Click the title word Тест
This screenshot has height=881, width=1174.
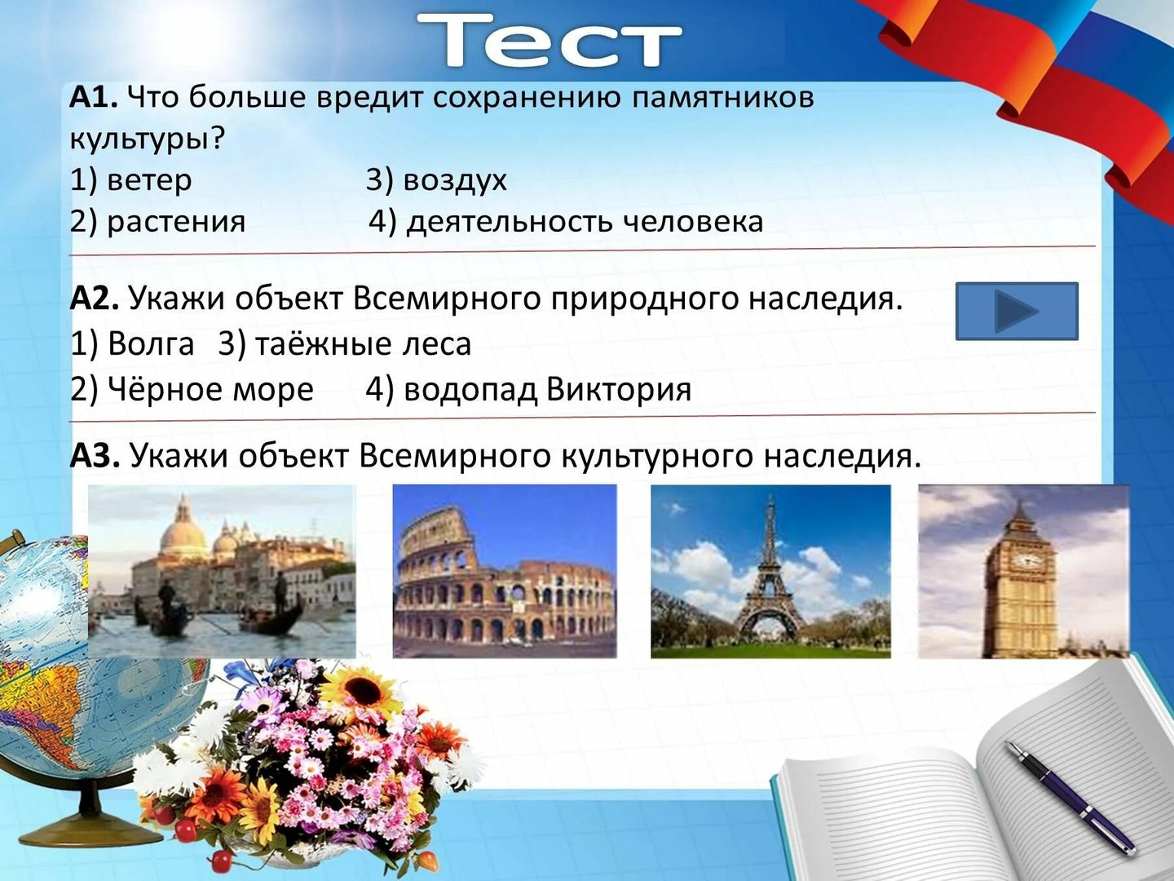(549, 40)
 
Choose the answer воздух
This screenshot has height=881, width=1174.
(455, 181)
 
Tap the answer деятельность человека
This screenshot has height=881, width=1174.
(585, 221)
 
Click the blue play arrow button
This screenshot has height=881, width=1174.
(1017, 312)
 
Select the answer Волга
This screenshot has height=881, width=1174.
(151, 343)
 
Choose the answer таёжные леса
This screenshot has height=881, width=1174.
(363, 343)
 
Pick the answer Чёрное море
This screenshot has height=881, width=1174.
(210, 389)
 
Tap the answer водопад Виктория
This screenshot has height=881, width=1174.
(547, 389)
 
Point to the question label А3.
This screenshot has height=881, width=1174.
(95, 456)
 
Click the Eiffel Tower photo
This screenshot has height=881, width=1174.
(770, 571)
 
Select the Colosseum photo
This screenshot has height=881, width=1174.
(505, 571)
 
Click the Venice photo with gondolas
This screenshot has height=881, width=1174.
(222, 571)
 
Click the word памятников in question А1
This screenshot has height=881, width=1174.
(722, 99)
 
